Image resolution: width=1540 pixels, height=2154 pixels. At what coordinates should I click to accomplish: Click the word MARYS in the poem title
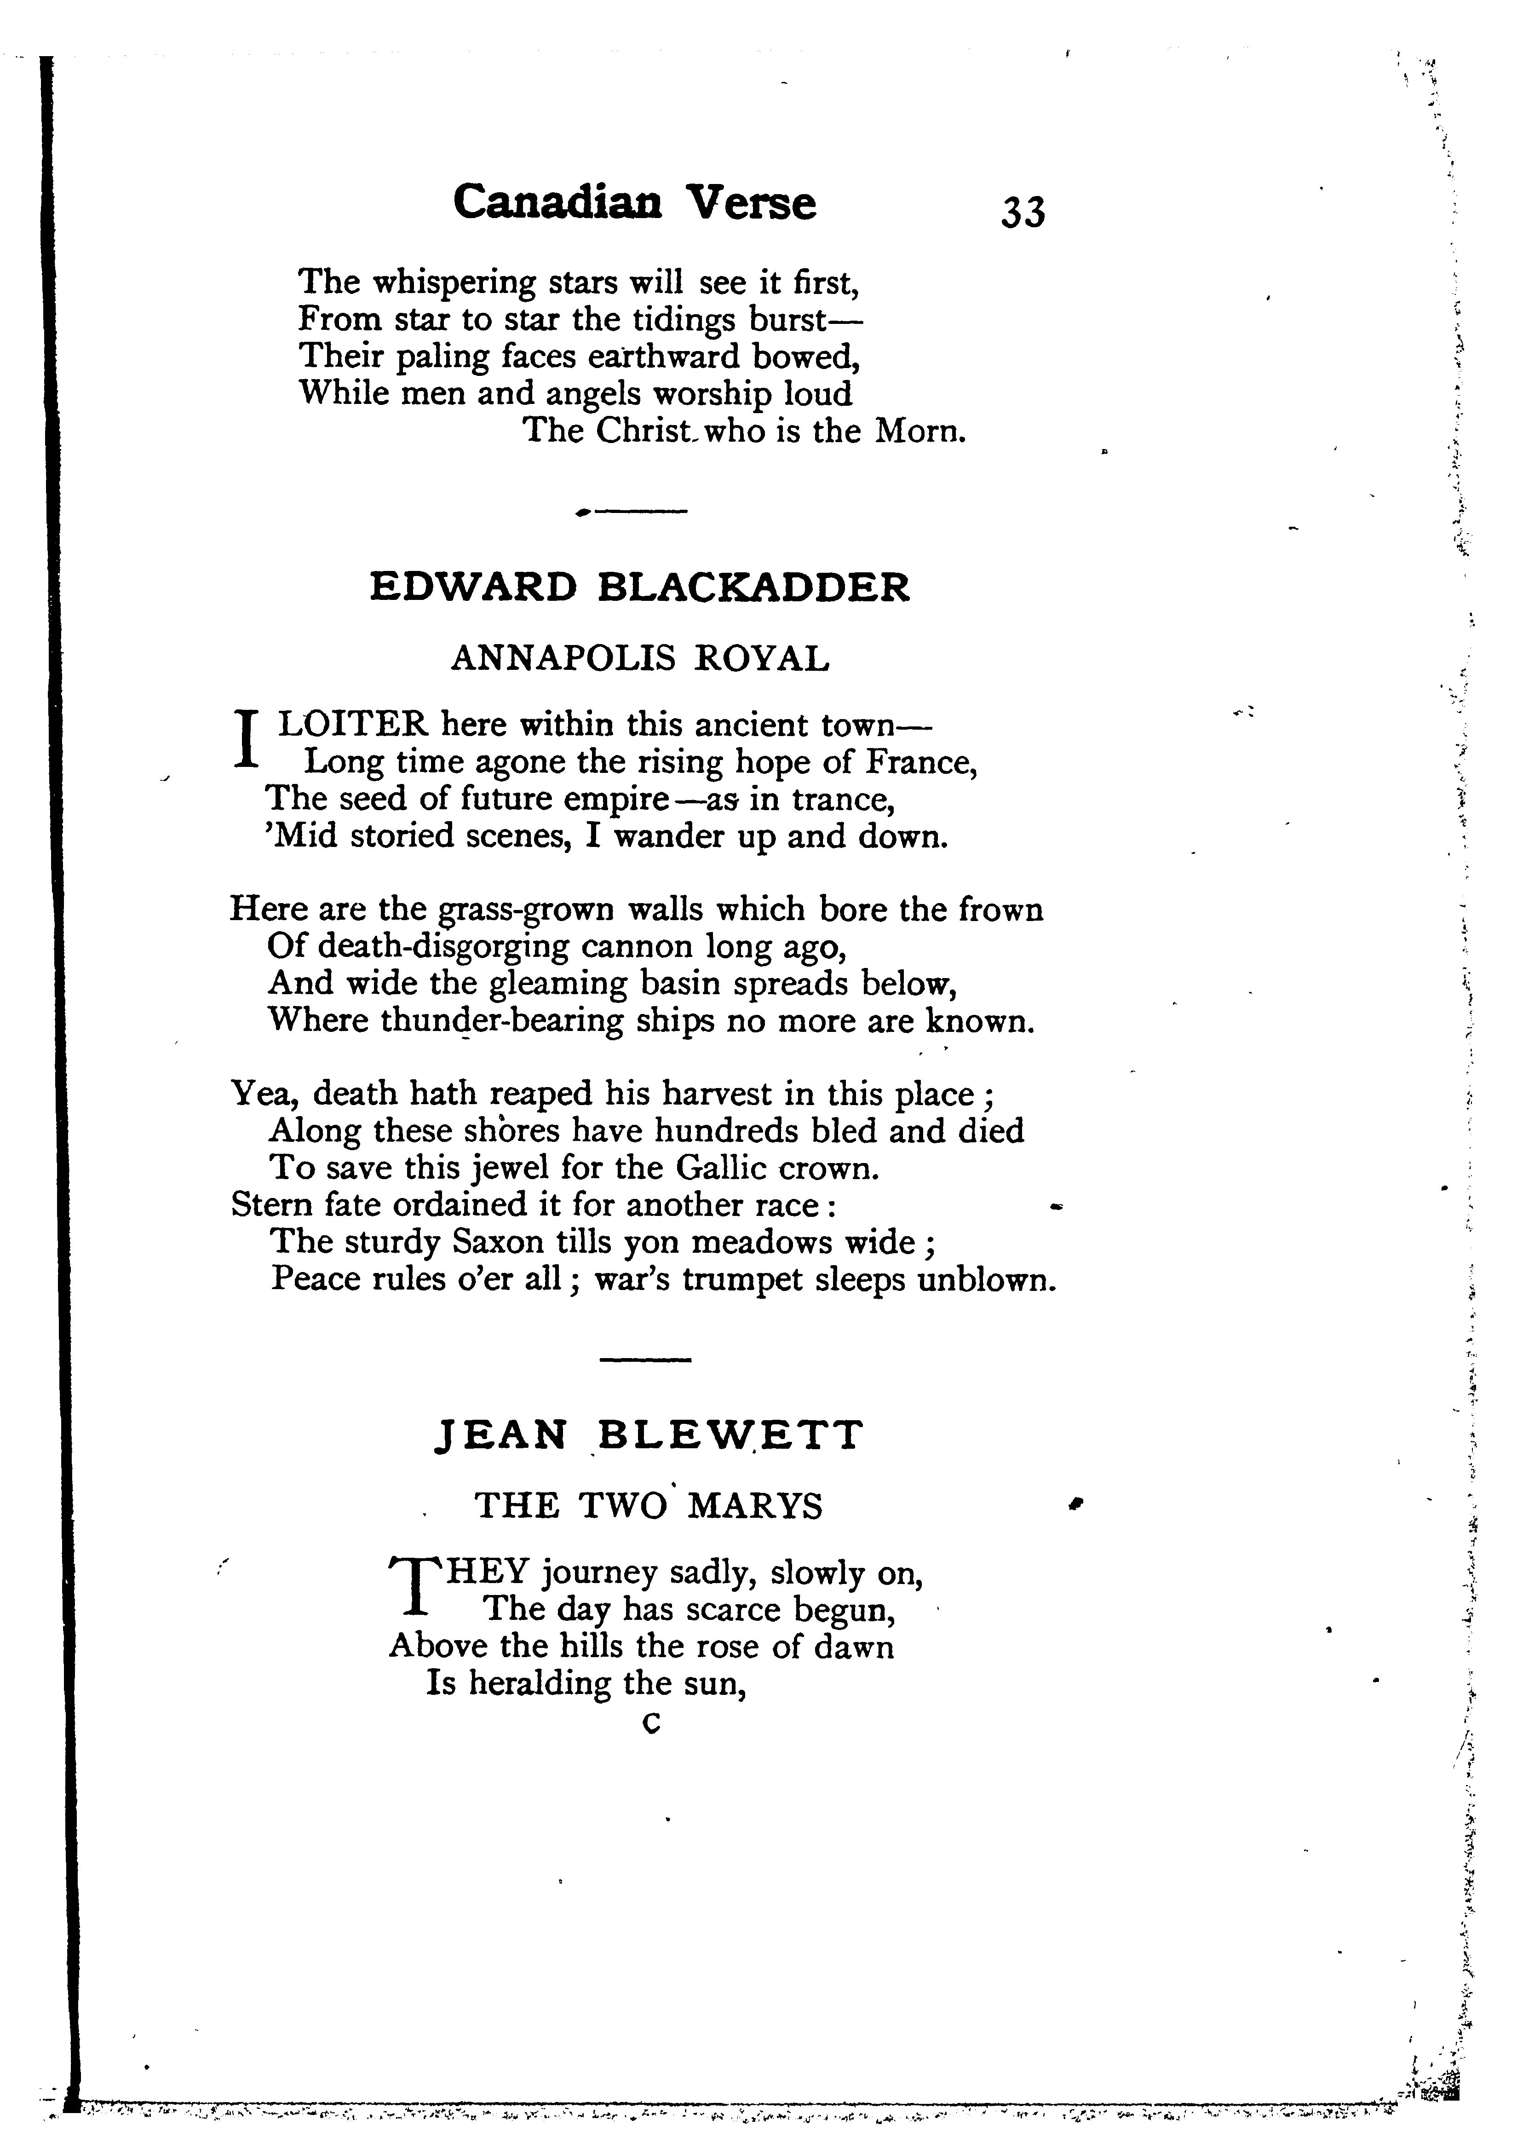coord(755,1506)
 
